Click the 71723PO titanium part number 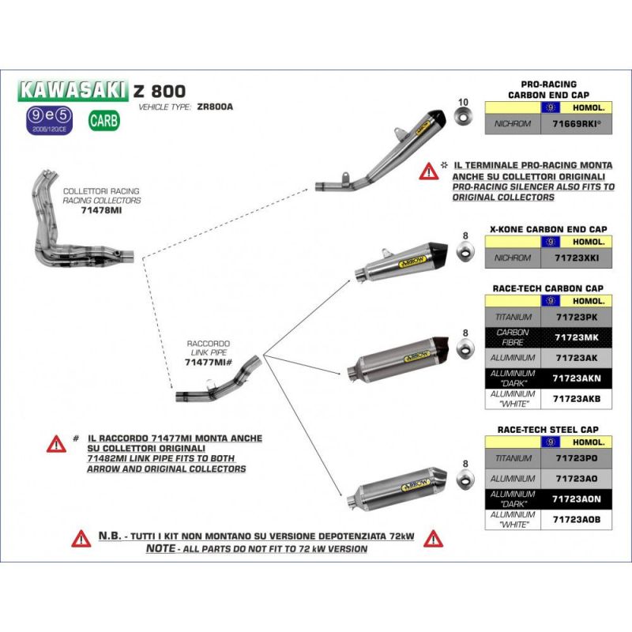click(x=577, y=457)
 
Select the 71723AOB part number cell click(x=577, y=519)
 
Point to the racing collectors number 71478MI click(x=100, y=211)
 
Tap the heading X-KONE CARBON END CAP click(x=548, y=229)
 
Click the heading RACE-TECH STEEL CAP click(x=548, y=429)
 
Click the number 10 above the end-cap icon click(x=463, y=102)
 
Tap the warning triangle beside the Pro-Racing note click(x=429, y=170)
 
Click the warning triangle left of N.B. click(x=81, y=539)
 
